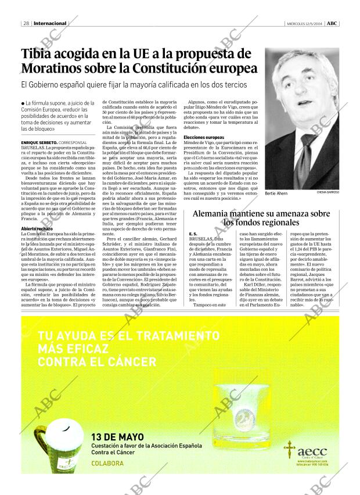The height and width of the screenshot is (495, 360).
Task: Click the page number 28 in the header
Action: click(27, 24)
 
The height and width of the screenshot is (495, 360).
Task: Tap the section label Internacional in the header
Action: click(51, 24)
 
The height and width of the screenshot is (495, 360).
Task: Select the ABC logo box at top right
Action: click(332, 24)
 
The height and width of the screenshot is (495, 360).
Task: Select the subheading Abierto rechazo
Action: click(37, 229)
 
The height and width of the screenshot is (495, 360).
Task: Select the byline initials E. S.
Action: click(194, 234)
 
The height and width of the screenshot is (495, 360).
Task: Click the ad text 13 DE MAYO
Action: click(118, 437)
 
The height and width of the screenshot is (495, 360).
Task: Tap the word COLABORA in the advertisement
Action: click(107, 463)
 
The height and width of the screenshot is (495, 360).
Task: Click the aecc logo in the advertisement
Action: click(311, 451)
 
